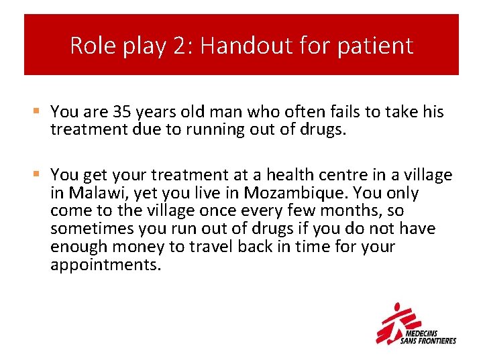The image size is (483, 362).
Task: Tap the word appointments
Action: click(x=105, y=265)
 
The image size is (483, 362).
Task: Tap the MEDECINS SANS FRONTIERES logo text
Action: click(x=427, y=337)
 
